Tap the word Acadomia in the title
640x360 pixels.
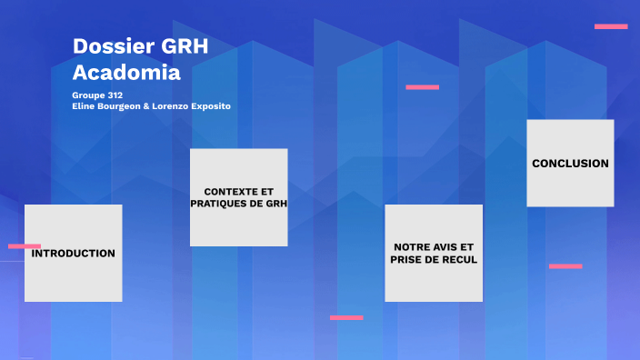click(x=114, y=72)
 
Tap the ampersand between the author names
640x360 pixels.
click(x=147, y=106)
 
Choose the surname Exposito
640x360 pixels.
click(x=210, y=106)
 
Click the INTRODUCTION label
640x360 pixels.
click(x=74, y=254)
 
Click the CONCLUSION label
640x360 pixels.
click(x=570, y=164)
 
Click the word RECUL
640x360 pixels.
click(x=459, y=260)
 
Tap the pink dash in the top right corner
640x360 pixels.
click(x=611, y=26)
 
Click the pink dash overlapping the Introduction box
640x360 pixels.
click(x=25, y=246)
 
